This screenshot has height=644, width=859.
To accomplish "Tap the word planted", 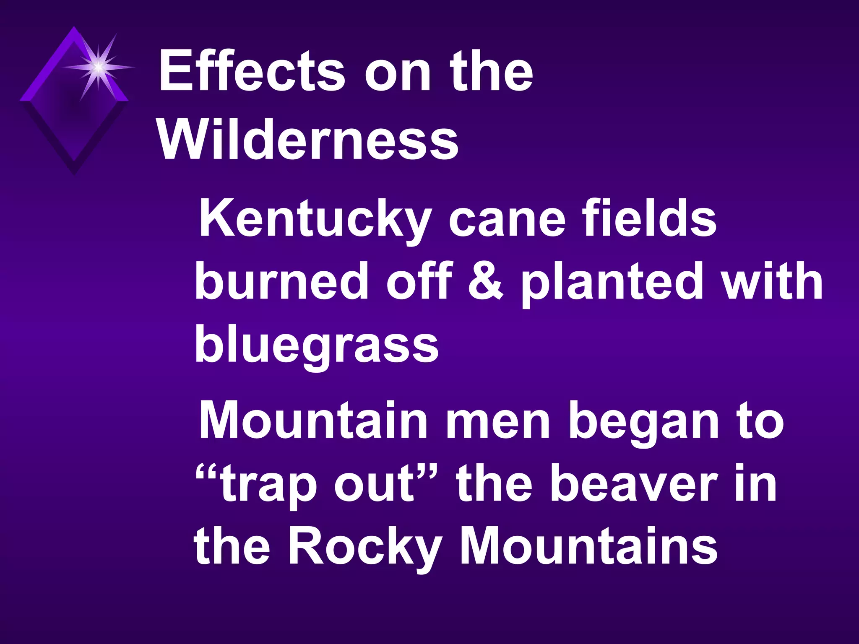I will (612, 282).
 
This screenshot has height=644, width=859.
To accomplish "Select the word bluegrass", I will (317, 345).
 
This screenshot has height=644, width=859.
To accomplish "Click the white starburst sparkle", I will (98, 67).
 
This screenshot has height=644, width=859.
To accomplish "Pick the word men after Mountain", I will (497, 420).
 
